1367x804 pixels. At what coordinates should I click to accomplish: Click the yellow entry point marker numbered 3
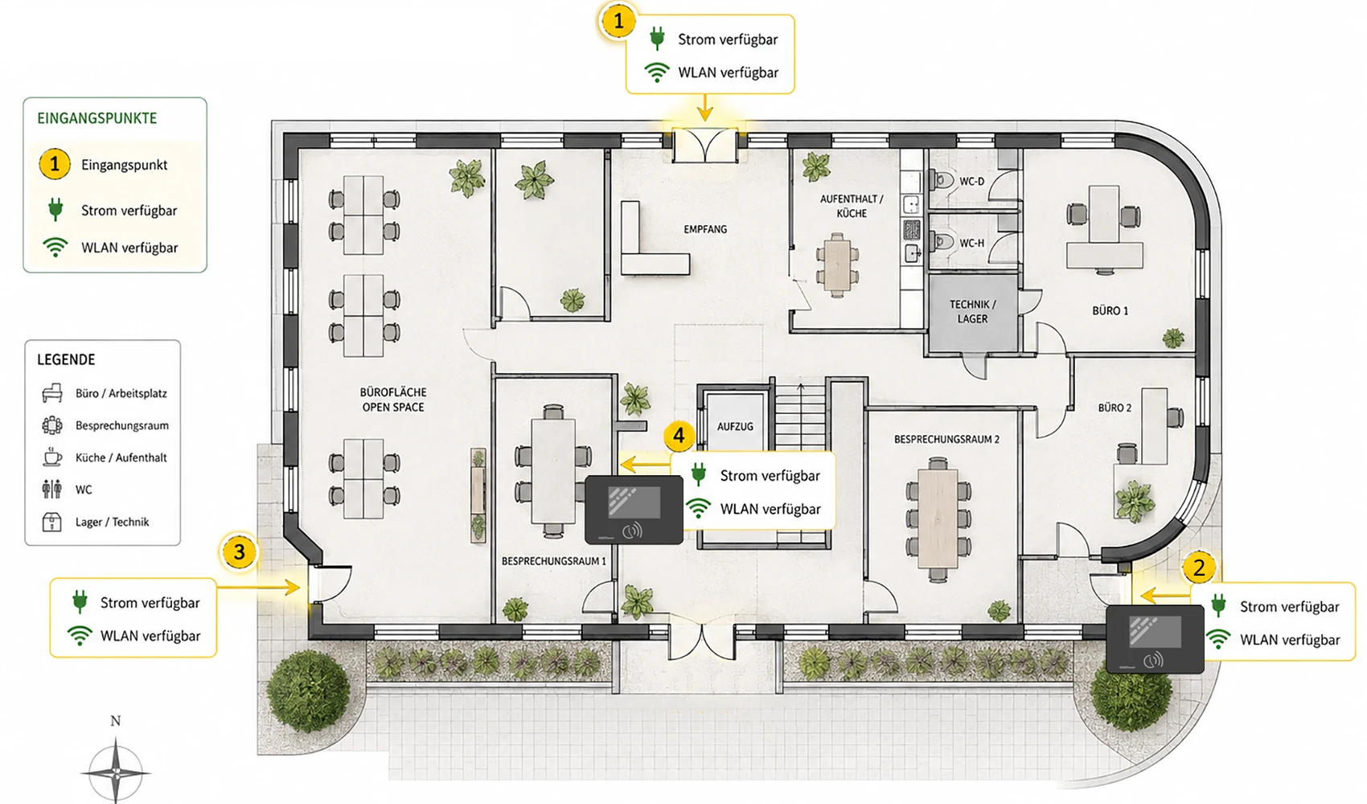[239, 552]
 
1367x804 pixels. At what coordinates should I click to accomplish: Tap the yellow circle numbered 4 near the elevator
[679, 436]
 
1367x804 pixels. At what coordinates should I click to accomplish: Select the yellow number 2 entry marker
[1199, 568]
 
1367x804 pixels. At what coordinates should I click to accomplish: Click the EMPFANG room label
[705, 229]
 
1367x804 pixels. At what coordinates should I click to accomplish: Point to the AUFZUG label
[735, 426]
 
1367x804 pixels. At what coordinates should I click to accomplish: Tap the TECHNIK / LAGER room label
[972, 311]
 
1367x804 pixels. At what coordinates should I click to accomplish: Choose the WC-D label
[971, 181]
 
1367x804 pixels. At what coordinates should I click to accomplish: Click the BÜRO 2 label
[1115, 408]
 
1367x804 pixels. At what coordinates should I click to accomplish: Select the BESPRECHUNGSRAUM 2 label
[946, 439]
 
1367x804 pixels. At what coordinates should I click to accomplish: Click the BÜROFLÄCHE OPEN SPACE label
[393, 400]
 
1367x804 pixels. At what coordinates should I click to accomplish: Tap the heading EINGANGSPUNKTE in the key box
[97, 118]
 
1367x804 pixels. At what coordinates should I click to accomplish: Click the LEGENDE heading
[66, 360]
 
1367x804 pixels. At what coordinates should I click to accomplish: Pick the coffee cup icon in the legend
[52, 457]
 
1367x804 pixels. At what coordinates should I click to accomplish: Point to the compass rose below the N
[115, 773]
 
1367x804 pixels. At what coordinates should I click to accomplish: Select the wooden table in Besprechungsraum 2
[938, 519]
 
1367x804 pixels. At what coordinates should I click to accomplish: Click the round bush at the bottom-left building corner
[308, 691]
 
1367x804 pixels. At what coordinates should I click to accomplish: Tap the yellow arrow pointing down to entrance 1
[705, 108]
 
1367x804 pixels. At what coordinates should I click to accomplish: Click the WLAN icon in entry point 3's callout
[80, 636]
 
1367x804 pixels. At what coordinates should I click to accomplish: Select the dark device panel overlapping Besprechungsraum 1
[634, 510]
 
